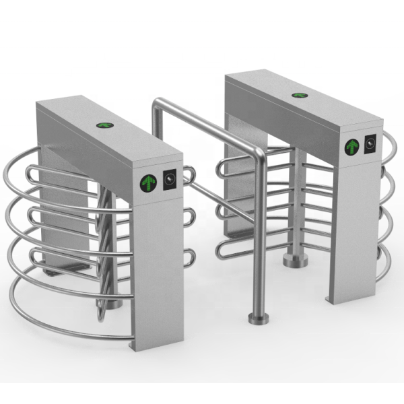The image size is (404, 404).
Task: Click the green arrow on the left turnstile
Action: click(148, 182)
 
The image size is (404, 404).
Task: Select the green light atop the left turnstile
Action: click(104, 125)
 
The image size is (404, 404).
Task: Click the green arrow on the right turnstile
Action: click(351, 147)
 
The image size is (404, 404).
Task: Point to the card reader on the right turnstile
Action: click(370, 143)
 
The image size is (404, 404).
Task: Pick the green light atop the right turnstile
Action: click(297, 95)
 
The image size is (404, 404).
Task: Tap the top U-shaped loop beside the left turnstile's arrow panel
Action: click(189, 175)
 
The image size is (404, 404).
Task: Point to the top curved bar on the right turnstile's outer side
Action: click(389, 145)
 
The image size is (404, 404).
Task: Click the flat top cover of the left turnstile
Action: click(101, 135)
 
